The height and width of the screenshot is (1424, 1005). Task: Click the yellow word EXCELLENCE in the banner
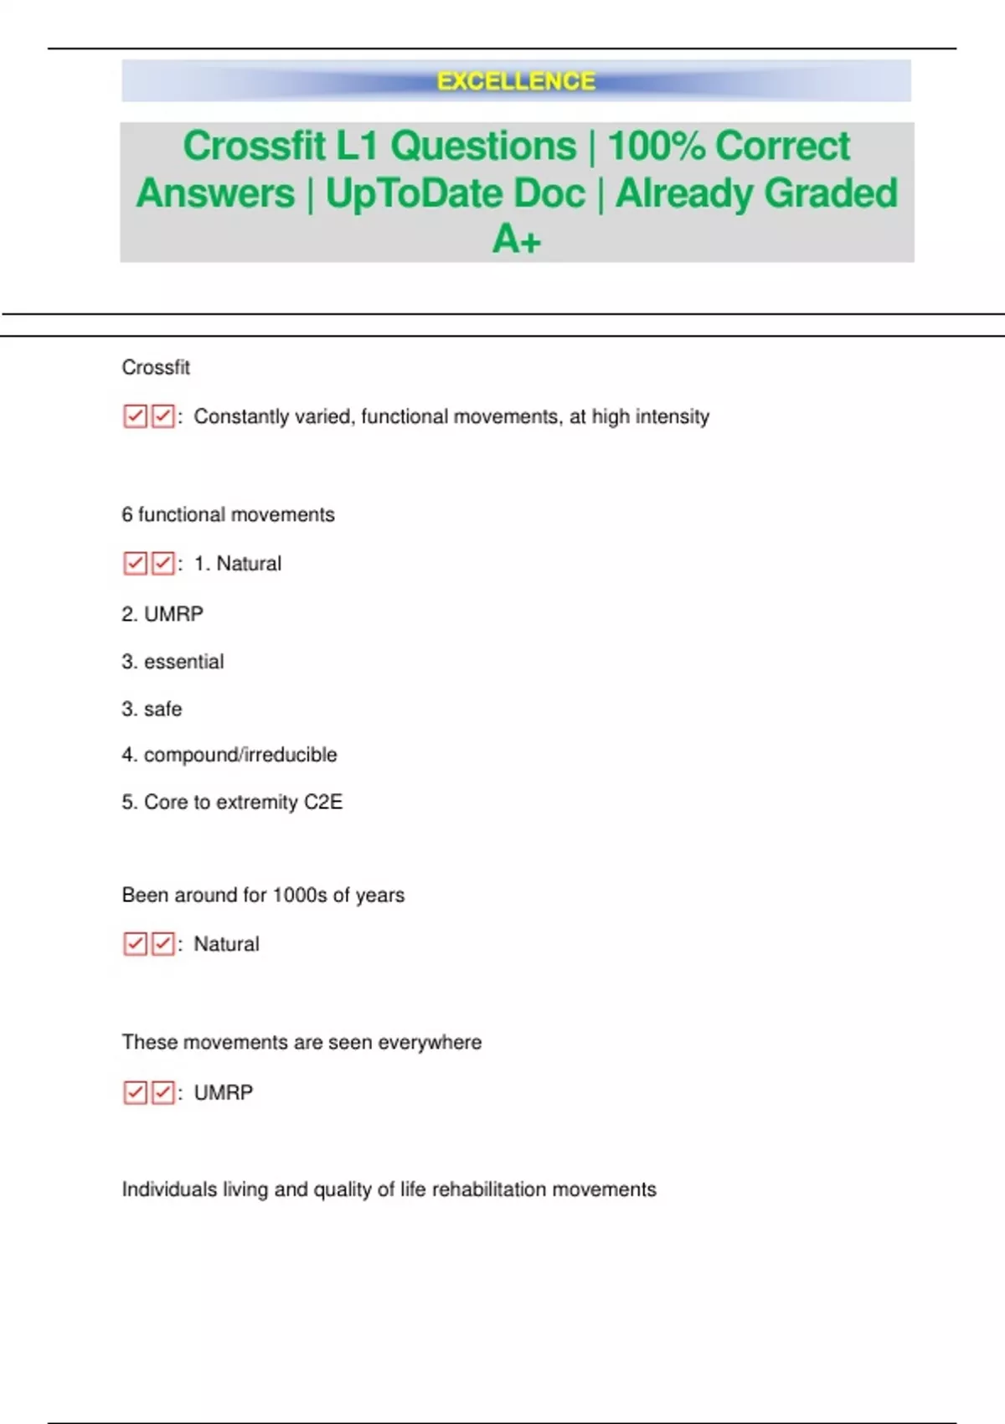coord(516,81)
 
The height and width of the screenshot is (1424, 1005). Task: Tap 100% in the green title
coord(657,146)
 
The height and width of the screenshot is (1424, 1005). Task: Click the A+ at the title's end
coord(517,240)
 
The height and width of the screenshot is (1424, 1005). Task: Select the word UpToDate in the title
coord(455,193)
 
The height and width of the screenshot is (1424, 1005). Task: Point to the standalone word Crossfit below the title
coord(156,368)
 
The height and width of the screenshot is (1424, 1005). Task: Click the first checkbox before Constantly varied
coord(135,416)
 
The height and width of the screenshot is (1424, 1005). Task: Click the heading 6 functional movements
coord(228,514)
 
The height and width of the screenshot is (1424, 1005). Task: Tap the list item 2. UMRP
coord(162,614)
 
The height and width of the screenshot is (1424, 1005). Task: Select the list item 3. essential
coord(173,662)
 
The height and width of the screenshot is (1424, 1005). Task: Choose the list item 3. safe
coord(152,709)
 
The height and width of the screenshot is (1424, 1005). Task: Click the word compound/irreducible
coord(240,755)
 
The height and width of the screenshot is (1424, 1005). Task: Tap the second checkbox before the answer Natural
coord(163,944)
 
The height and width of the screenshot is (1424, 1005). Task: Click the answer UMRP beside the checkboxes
coord(223,1093)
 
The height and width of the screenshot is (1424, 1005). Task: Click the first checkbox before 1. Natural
coord(135,563)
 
